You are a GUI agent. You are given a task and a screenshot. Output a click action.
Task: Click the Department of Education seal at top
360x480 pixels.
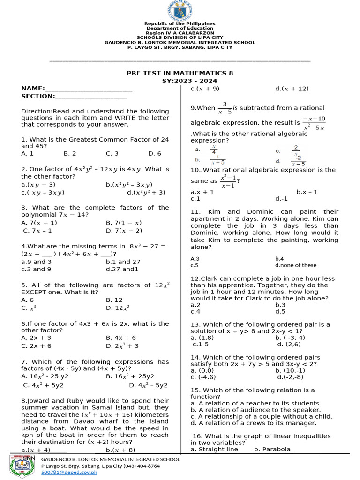(x=180, y=10)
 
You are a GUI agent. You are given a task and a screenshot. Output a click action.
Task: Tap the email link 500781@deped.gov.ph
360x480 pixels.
(x=69, y=472)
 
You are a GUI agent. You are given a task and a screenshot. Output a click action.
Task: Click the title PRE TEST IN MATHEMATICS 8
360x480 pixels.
(x=180, y=73)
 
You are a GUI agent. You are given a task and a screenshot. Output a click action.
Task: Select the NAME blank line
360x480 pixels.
(x=89, y=89)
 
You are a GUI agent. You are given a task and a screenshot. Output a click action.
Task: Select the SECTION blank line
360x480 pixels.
(x=91, y=96)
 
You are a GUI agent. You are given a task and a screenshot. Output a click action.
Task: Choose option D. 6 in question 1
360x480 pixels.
(x=155, y=153)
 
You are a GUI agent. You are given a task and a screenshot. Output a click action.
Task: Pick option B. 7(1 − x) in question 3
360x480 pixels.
(x=124, y=223)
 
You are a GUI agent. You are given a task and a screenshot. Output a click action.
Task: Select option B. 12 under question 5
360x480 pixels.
(x=114, y=300)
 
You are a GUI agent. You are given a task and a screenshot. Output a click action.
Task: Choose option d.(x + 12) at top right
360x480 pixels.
(x=292, y=88)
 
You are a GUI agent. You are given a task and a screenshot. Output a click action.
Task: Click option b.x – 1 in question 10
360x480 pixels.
(x=307, y=192)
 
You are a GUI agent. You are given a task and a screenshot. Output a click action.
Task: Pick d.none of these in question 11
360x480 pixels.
(x=296, y=265)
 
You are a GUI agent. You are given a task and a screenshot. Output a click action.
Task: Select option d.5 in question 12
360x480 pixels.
(x=280, y=311)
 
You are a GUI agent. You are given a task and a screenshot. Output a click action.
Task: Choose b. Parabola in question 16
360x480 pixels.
(x=272, y=449)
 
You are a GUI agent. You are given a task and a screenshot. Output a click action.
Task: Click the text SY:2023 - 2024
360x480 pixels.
(x=180, y=81)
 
